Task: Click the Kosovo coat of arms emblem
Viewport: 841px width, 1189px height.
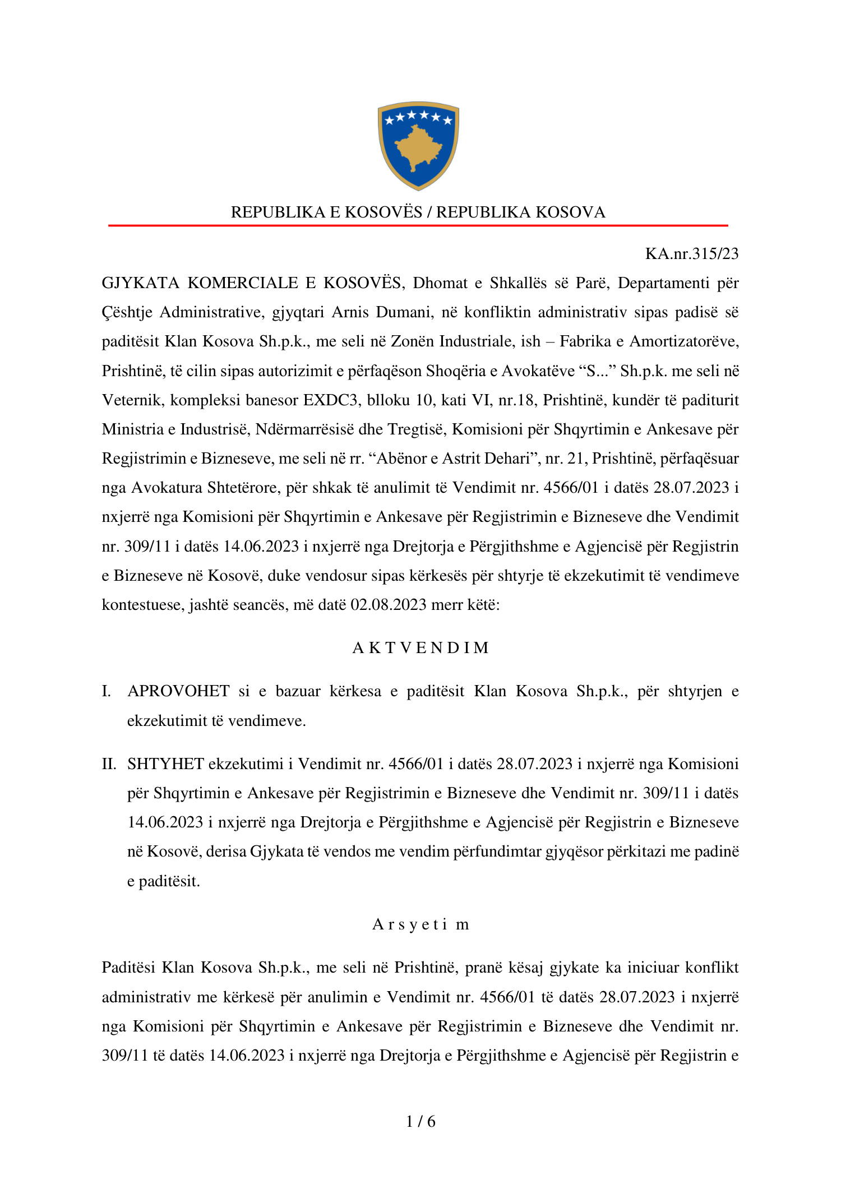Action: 418,145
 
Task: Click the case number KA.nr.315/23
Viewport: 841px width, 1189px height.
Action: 691,254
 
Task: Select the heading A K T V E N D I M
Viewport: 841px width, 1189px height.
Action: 420,648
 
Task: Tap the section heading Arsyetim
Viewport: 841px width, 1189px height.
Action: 420,924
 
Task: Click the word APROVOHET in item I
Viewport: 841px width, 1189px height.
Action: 178,691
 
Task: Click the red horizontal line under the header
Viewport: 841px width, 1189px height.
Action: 418,225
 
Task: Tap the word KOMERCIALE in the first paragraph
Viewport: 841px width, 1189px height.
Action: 242,283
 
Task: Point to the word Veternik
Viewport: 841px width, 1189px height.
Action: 132,400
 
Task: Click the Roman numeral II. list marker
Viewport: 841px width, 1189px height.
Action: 109,764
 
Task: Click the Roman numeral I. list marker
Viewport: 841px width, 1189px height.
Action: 106,691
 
